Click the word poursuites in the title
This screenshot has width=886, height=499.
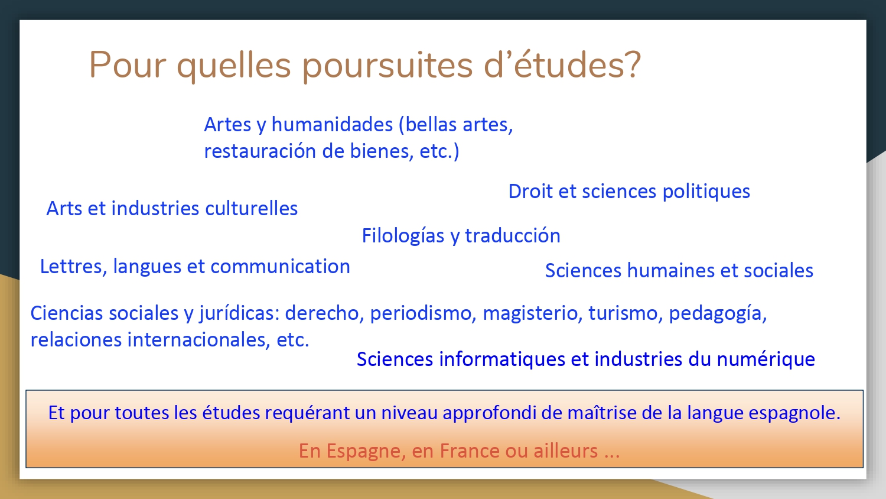point(387,66)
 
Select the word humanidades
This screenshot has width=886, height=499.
point(332,124)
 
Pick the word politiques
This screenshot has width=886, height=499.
point(706,192)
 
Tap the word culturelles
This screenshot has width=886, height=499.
point(251,208)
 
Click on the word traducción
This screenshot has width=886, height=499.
point(513,236)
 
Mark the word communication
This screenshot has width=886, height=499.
point(281,267)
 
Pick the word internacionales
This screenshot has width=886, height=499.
point(198,340)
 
